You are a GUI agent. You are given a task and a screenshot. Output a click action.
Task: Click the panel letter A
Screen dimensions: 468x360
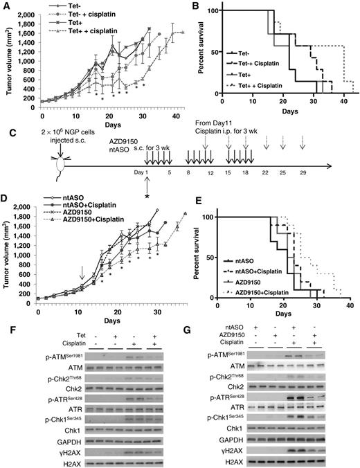pyautogui.click(x=6, y=6)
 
